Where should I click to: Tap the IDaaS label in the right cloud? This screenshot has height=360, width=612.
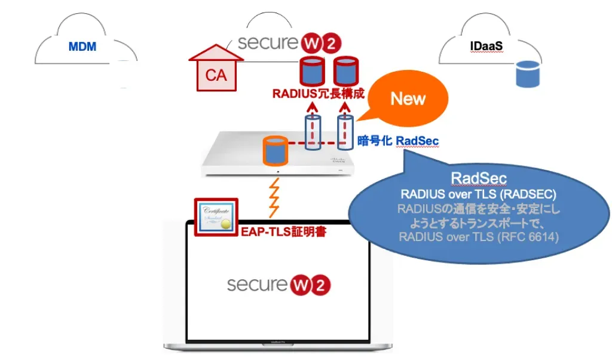tap(485, 46)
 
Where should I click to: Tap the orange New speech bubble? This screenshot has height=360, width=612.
tap(408, 99)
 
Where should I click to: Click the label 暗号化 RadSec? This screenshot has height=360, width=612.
tap(397, 141)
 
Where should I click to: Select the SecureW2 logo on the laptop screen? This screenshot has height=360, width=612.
tap(279, 283)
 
